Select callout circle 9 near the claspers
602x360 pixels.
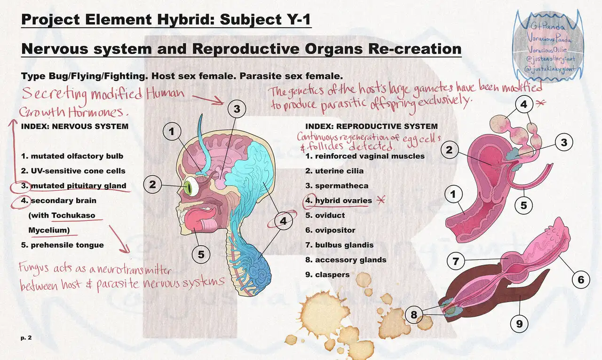coord(519,323)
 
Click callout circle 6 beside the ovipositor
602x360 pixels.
coord(581,280)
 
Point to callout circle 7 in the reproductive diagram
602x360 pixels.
coord(455,261)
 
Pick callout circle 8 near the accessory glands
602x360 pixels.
coord(414,314)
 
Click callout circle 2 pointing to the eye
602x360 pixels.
coord(152,185)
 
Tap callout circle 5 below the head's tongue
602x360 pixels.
coord(201,255)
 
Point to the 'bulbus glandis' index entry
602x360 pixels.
coord(344,245)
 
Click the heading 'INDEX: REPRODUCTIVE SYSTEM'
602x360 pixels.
coord(371,126)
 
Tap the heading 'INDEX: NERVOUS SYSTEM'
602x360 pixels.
coord(74,126)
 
